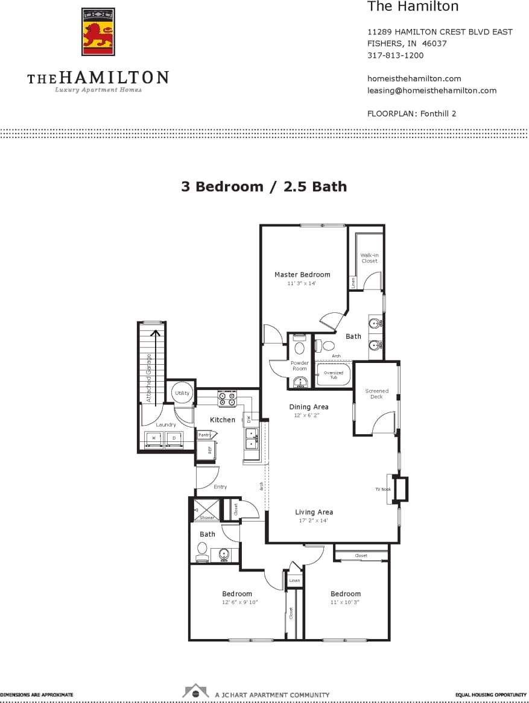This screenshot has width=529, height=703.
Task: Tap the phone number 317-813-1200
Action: coord(395,55)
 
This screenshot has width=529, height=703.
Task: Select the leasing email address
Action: coord(431,90)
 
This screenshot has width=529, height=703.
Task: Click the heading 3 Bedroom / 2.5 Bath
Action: coord(264,186)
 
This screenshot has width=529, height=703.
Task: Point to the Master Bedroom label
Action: coord(302,275)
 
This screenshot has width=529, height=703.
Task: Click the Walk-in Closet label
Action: coord(369,258)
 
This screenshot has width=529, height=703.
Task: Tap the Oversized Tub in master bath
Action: coord(334,375)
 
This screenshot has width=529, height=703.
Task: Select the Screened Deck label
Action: coord(377,394)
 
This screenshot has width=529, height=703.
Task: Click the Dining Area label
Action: coord(308,407)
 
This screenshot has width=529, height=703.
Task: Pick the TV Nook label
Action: coord(382,489)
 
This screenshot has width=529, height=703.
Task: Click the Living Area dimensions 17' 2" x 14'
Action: coord(314,520)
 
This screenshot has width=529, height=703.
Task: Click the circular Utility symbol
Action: coord(182,393)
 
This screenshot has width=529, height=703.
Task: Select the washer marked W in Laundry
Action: coord(154,438)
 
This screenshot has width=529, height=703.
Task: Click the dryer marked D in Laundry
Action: coord(174,438)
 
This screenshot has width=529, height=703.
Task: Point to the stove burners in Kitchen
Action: coord(227,399)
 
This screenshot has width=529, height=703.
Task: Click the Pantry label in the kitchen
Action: coord(204,435)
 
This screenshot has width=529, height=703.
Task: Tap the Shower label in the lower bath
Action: coord(207,517)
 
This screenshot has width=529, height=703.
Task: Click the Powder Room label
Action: coord(300,366)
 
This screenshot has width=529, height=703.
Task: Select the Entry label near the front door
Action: coord(220,487)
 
